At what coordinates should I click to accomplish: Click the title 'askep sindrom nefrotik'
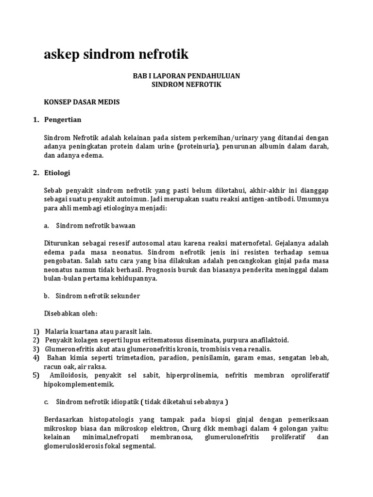(x=116, y=54)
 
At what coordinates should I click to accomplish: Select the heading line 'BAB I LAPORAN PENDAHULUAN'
(x=186, y=76)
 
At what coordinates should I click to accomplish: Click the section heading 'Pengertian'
(x=63, y=119)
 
